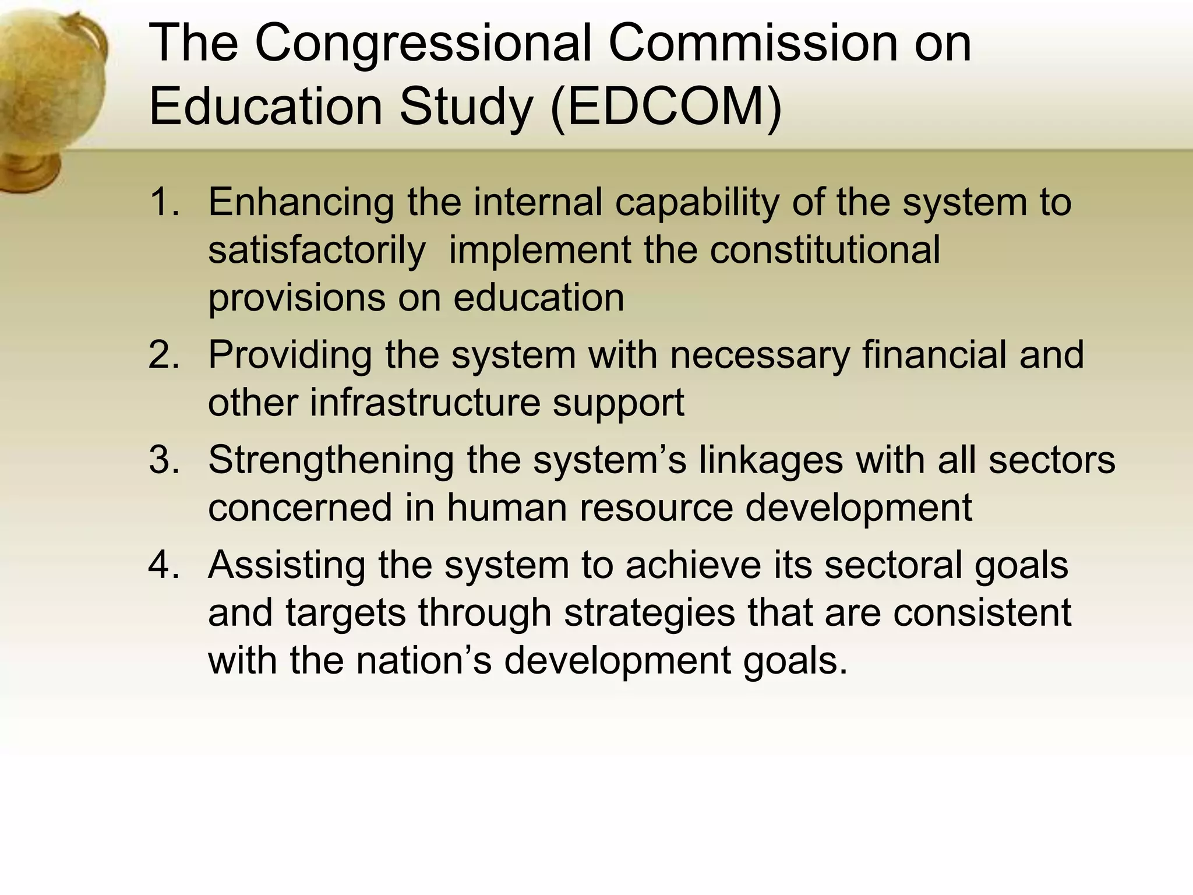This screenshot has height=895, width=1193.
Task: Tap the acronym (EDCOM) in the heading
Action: tap(665, 108)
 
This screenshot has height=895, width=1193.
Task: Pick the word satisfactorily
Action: tap(317, 251)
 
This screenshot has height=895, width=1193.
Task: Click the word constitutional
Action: tap(825, 251)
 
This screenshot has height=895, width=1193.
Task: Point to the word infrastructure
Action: tap(425, 403)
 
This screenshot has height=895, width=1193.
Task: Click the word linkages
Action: tap(770, 460)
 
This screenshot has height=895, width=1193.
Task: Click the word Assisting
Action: tap(286, 565)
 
